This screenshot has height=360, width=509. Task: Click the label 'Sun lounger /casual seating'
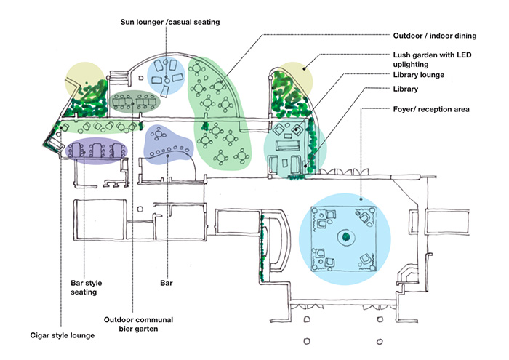coord(169,23)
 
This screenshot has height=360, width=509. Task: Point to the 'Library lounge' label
coord(418,75)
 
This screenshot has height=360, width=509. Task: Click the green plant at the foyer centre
coord(345,236)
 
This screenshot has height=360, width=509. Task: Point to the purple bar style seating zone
coord(97,151)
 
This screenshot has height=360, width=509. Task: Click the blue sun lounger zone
coord(167,75)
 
